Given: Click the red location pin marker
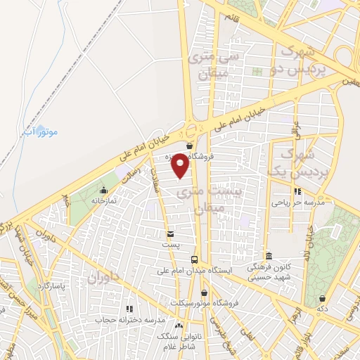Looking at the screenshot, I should (180, 166).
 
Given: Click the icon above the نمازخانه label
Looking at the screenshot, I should (104, 190).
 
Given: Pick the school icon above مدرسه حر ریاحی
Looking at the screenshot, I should (298, 191).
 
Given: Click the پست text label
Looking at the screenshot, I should (169, 245).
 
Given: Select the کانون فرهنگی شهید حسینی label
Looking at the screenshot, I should (270, 271).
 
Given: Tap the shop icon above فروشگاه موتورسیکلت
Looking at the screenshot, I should (204, 292).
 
